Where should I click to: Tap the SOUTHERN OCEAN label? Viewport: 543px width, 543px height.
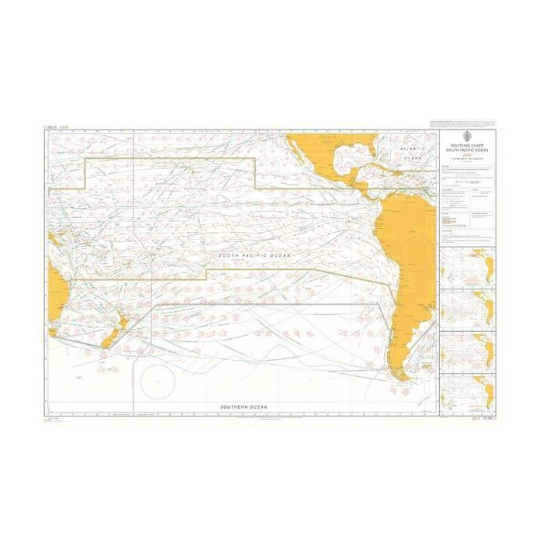(x=244, y=406)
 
